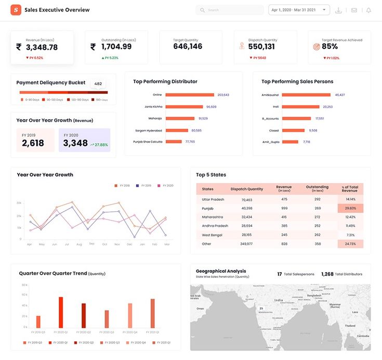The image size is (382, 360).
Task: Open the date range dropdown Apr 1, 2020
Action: [x=299, y=10]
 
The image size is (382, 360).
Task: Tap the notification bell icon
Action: [x=368, y=10]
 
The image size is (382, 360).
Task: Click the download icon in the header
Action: [x=339, y=10]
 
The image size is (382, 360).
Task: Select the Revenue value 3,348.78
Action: [x=41, y=47]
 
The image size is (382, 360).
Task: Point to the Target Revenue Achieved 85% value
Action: [x=330, y=47]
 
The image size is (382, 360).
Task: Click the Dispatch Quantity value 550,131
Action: [x=261, y=47]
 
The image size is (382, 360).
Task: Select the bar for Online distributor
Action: [x=190, y=95]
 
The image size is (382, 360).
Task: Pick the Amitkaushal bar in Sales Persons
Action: [x=306, y=95]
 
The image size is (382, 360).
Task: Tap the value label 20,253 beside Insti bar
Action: [x=327, y=107]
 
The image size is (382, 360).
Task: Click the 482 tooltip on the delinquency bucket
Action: [x=98, y=83]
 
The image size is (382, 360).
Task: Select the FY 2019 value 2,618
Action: [x=33, y=143]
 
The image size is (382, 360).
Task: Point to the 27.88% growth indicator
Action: [x=99, y=145]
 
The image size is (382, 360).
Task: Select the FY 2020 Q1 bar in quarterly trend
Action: [x=61, y=312]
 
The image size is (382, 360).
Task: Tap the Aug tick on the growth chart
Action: [x=79, y=244]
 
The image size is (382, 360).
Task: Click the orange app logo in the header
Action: [x=16, y=10]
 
